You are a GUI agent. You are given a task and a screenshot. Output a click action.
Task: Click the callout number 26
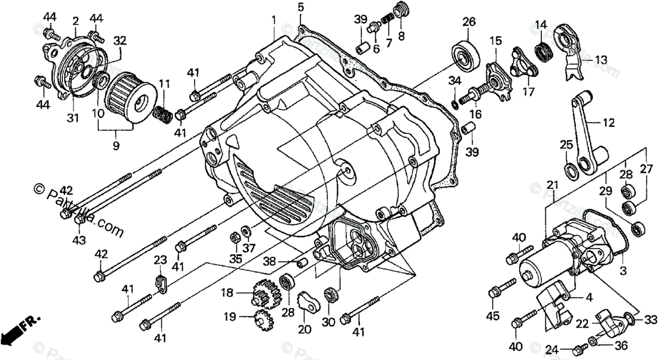[468, 22]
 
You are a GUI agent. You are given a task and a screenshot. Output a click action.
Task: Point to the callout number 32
[120, 40]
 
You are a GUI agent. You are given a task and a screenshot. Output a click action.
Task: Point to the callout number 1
[273, 20]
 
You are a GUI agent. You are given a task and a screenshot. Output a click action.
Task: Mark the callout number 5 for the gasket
[300, 7]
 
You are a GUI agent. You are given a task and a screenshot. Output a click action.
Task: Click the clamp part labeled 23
[160, 282]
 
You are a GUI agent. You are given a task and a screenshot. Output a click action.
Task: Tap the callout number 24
[551, 350]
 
